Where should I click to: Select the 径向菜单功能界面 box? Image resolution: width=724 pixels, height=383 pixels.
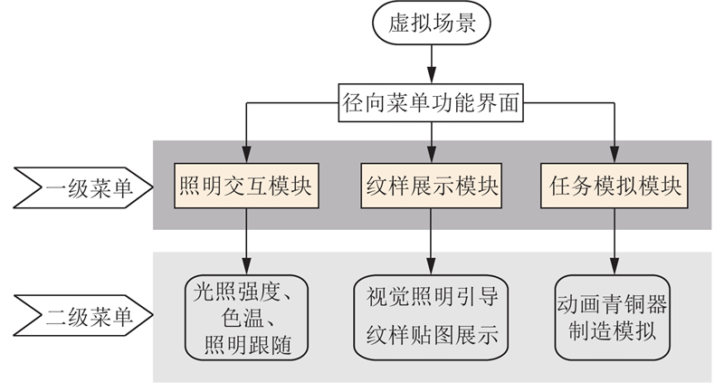pos(431,101)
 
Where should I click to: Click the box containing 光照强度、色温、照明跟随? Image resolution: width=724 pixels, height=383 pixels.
pos(245,317)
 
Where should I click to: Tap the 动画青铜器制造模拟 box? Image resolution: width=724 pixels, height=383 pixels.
pos(615,317)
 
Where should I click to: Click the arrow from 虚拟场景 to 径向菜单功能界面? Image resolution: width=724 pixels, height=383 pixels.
pos(431,66)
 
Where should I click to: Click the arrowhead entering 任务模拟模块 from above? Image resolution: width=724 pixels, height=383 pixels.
pos(615,156)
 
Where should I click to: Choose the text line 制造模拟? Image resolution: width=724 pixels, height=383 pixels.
pos(615,330)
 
